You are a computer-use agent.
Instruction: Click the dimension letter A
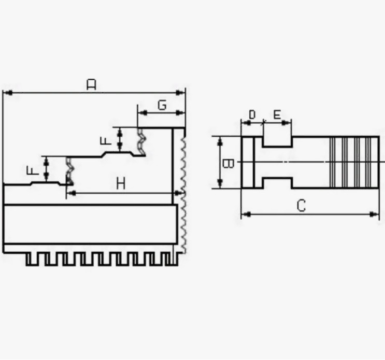click(x=92, y=84)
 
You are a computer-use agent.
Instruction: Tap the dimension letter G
click(x=162, y=105)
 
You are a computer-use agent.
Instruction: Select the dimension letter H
click(x=121, y=183)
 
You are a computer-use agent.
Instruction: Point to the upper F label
click(x=106, y=140)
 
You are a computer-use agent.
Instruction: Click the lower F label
click(x=33, y=170)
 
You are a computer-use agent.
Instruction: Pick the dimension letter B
click(x=228, y=164)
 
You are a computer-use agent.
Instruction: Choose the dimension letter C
click(x=301, y=206)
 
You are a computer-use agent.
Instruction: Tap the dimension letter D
click(x=252, y=114)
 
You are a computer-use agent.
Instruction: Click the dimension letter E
click(x=277, y=114)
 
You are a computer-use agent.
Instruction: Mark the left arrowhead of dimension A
click(x=8, y=93)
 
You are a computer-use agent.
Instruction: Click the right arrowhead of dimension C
click(x=375, y=214)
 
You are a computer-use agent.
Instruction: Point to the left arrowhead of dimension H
click(x=71, y=193)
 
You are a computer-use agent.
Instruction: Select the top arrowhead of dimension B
click(x=220, y=141)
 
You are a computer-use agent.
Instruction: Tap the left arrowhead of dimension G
click(x=142, y=112)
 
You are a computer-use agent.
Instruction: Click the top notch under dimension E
click(x=277, y=141)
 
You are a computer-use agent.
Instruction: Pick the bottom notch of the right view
click(x=277, y=183)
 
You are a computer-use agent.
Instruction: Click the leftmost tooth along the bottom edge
click(x=32, y=259)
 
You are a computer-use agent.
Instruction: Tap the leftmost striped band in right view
click(x=333, y=162)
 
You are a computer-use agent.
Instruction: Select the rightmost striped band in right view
click(x=368, y=162)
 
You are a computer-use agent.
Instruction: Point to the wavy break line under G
click(x=141, y=141)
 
